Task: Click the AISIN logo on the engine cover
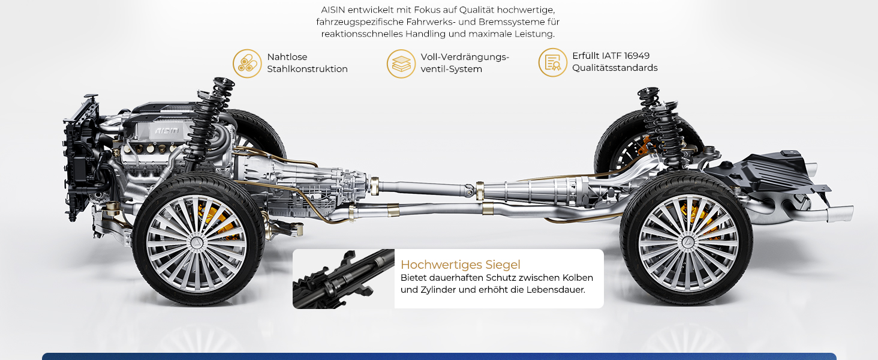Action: coord(167,131)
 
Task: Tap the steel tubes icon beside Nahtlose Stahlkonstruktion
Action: coord(247,64)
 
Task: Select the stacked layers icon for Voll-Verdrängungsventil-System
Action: coord(401,64)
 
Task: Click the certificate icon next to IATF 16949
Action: coord(553,62)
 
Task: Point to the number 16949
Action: coord(636,56)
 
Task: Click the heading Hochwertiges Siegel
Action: coord(461,265)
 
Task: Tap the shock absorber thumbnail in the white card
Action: coord(344,279)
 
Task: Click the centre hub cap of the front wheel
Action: coord(196,243)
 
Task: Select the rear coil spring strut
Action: coord(663,125)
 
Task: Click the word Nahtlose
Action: coord(287,57)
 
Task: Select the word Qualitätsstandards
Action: coord(615,68)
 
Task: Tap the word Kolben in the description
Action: coord(578,278)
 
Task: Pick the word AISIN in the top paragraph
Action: coord(333,10)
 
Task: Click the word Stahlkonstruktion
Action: coord(307,69)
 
